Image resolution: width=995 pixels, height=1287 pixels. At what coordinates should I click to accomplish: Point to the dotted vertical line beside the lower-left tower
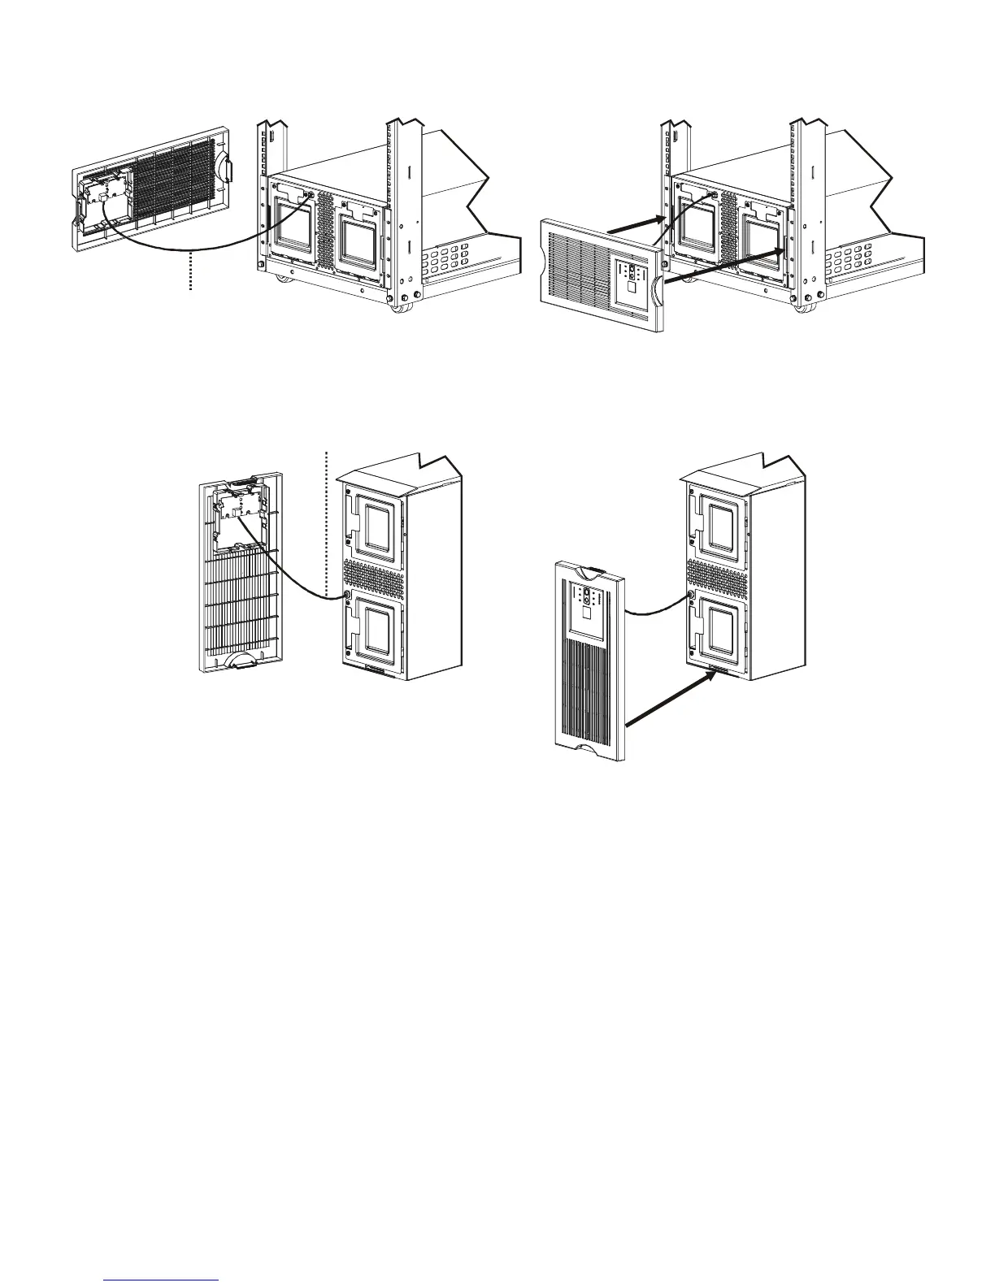(x=326, y=520)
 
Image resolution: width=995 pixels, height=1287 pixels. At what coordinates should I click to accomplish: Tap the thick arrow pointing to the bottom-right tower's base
(x=671, y=700)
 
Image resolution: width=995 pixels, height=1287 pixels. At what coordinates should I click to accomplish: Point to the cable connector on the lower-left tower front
(x=348, y=595)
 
